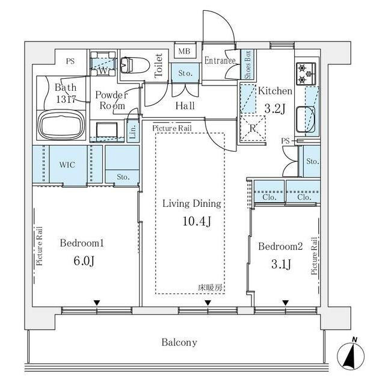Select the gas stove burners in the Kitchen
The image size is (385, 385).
[x=306, y=73]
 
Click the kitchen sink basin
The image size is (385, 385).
[x=306, y=119]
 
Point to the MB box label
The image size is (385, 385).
[x=184, y=51]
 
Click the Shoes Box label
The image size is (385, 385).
[x=248, y=64]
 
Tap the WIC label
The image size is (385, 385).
[x=67, y=164]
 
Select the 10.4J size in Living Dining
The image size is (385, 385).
[x=197, y=221]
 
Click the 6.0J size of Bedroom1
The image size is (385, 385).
[x=84, y=260]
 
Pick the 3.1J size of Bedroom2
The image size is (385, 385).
[x=281, y=264]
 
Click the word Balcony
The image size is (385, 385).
[x=179, y=342]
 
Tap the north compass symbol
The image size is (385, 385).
[x=351, y=356]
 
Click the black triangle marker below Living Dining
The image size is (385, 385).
[x=208, y=303]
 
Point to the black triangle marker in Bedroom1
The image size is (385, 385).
[x=97, y=303]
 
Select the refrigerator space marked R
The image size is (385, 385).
[x=253, y=128]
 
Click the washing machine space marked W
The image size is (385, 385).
[x=103, y=64]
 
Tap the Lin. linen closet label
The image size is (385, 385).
[x=132, y=132]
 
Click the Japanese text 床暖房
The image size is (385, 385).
[x=211, y=288]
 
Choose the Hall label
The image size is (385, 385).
[x=185, y=106]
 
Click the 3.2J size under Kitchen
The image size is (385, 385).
[x=275, y=108]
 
